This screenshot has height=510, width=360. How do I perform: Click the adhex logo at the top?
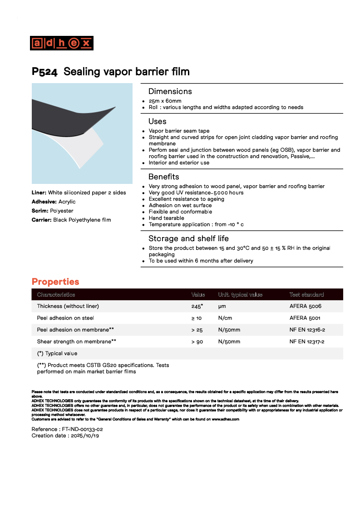click(x=62, y=43)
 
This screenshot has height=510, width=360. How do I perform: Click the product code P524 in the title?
click(x=44, y=72)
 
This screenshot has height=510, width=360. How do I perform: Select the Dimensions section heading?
click(x=170, y=91)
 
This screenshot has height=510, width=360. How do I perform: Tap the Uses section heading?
click(x=157, y=121)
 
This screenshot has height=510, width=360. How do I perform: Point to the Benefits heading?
click(x=163, y=177)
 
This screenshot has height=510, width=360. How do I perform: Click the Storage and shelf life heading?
click(x=188, y=238)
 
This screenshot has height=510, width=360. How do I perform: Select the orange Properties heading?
click(x=55, y=282)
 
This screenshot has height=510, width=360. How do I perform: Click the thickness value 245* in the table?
click(x=197, y=307)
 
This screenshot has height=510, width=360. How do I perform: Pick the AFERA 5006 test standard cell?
click(x=305, y=307)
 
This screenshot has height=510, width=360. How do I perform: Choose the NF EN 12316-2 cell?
click(x=307, y=330)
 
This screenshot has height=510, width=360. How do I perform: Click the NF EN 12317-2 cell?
click(x=307, y=342)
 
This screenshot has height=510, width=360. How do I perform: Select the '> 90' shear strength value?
click(x=197, y=342)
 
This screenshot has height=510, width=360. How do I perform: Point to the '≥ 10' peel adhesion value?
click(x=197, y=318)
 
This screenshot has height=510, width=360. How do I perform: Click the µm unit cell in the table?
click(x=222, y=307)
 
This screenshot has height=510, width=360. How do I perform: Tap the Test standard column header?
click(x=306, y=295)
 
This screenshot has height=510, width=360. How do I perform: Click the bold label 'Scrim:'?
click(x=40, y=211)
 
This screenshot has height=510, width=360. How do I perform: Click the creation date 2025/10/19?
click(x=84, y=436)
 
